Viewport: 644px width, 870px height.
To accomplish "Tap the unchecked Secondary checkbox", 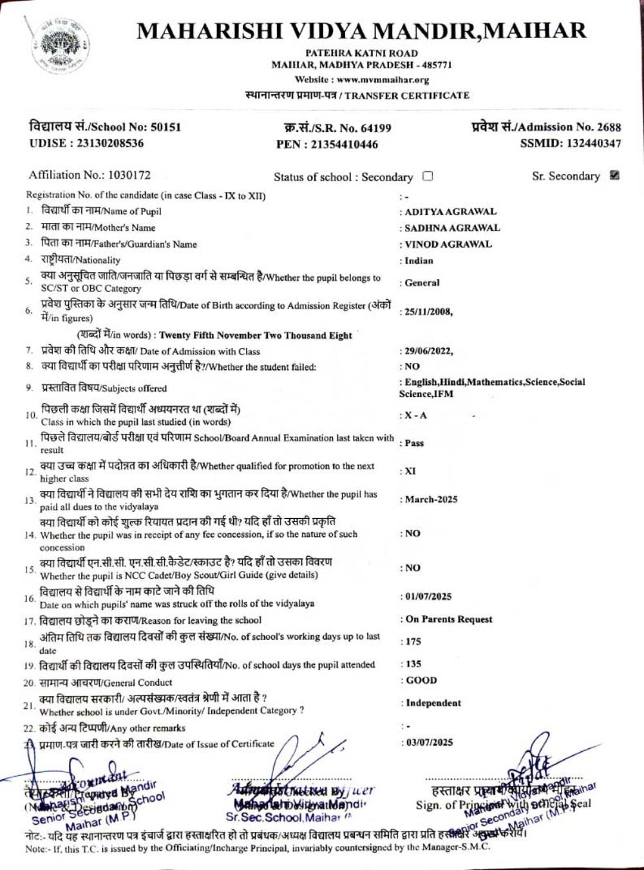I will (x=428, y=176).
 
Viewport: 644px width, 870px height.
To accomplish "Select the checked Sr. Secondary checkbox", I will (x=614, y=175).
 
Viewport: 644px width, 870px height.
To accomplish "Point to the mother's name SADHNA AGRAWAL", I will (x=452, y=227).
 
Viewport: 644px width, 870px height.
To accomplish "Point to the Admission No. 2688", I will (x=609, y=127).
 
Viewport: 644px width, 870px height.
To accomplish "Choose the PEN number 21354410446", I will (x=345, y=144).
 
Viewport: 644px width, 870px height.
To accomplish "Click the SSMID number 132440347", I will (x=594, y=144).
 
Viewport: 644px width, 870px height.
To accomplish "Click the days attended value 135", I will (x=413, y=664).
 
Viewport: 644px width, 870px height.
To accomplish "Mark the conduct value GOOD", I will (x=421, y=681).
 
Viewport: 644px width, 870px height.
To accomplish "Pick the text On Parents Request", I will (x=448, y=619).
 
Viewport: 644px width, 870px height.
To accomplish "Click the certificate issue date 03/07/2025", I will (x=429, y=742).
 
